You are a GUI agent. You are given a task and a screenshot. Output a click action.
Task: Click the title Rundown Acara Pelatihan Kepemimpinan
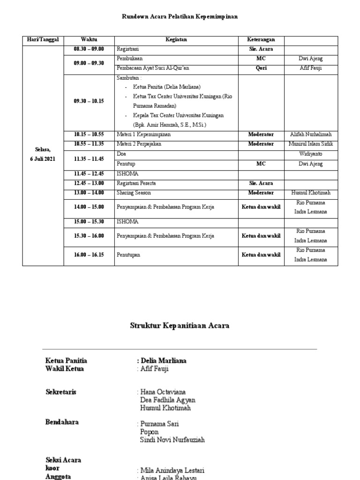pyautogui.click(x=180, y=16)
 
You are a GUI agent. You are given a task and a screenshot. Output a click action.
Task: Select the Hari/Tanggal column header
pyautogui.click(x=43, y=39)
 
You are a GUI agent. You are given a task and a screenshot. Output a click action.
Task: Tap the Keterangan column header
pyautogui.click(x=261, y=39)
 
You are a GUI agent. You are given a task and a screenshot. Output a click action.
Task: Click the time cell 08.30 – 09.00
pyautogui.click(x=89, y=49)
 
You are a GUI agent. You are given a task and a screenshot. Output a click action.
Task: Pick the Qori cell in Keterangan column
pyautogui.click(x=261, y=68)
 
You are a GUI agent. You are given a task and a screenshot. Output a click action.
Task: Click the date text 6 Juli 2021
pyautogui.click(x=41, y=159)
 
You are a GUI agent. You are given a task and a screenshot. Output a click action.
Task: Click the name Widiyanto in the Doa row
pyautogui.click(x=310, y=154)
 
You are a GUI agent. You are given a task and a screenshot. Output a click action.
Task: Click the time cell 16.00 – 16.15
pyautogui.click(x=89, y=255)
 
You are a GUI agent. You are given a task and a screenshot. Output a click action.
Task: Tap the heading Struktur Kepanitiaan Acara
pyautogui.click(x=180, y=325)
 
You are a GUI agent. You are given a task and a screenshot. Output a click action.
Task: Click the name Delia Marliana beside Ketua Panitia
pyautogui.click(x=163, y=360)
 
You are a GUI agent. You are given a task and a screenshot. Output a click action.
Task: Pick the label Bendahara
pyautogui.click(x=62, y=422)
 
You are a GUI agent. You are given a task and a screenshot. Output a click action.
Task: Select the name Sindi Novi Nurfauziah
pyautogui.click(x=172, y=440)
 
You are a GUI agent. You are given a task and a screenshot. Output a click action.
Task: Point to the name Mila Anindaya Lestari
pyautogui.click(x=172, y=470)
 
